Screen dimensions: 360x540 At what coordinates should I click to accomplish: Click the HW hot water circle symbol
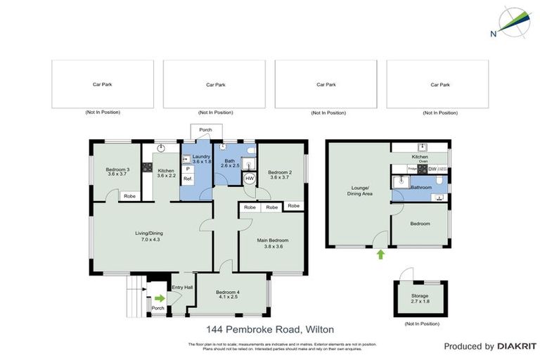coord(250,179)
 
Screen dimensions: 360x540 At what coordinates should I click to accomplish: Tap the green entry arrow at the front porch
coord(160,298)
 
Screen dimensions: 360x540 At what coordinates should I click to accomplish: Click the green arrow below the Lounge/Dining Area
coord(380,255)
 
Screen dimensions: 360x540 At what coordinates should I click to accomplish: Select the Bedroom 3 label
coord(117,169)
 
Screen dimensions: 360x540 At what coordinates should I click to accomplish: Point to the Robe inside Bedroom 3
coord(129,196)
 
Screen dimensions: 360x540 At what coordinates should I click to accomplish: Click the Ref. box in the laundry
coord(188,179)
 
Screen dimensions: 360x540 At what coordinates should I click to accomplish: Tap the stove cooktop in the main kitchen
coord(148,167)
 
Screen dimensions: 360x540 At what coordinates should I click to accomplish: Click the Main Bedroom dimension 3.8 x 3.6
coord(274,247)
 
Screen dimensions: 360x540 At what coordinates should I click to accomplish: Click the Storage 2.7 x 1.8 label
coord(419,299)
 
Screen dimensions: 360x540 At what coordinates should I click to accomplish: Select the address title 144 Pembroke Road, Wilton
coord(270,329)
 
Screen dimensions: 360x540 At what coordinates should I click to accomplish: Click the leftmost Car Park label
coord(103,84)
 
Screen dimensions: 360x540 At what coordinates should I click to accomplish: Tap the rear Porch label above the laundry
coord(205,130)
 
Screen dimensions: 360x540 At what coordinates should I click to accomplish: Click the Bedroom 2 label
coord(280,173)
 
